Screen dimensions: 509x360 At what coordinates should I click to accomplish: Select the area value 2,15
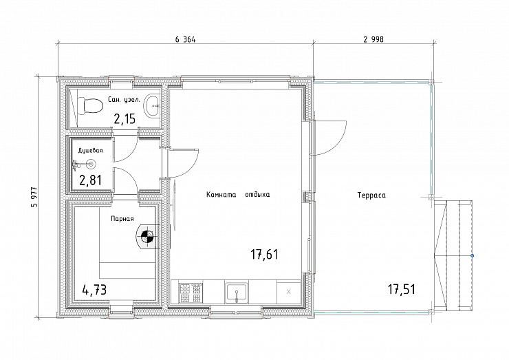coord(124,119)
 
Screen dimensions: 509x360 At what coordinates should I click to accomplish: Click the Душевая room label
coord(91,151)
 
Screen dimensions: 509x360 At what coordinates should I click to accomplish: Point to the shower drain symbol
coord(91,164)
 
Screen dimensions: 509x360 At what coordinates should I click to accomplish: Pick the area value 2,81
coord(91,180)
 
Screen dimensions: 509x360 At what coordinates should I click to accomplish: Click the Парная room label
coord(122,219)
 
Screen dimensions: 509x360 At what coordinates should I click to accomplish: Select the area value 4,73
coord(94,290)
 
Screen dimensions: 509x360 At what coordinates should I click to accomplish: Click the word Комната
coord(221,195)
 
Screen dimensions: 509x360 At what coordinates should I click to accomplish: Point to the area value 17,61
coord(264,255)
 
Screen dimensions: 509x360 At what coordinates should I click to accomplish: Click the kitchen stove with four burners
coord(191,293)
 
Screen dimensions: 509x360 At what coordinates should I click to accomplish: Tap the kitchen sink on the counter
coord(237,293)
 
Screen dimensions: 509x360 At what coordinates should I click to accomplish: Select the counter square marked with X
coord(289,292)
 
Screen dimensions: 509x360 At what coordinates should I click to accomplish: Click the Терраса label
coord(371,195)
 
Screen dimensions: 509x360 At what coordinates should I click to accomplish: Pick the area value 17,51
coord(402,289)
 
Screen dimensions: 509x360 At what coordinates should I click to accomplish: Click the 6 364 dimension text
coord(185,40)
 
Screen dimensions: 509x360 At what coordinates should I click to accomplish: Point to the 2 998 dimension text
coord(373,40)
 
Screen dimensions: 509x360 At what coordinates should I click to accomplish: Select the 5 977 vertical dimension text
coord(34,197)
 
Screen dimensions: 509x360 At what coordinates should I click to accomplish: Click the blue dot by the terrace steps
coord(472,256)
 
